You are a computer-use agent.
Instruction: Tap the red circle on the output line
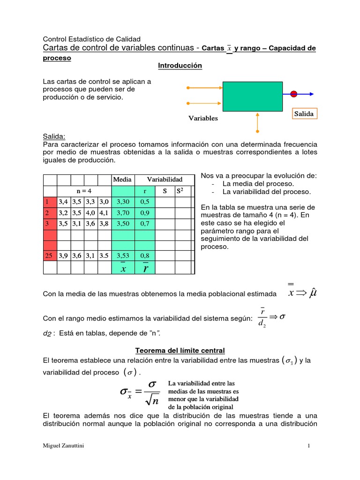coord(294,94)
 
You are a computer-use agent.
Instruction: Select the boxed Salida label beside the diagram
coord(304,114)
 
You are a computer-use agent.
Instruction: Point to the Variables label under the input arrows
coord(203,119)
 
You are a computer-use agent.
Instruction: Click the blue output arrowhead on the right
coord(311,94)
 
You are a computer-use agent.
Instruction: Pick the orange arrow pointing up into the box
coord(257,122)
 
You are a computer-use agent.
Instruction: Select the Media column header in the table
coord(122,180)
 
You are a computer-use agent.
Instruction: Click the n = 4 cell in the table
coord(84,191)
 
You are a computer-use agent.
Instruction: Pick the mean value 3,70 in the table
coord(122,212)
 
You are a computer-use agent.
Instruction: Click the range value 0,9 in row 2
coord(145,212)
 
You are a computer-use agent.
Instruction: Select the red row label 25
coord(49,255)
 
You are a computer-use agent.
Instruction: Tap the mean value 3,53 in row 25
coord(122,255)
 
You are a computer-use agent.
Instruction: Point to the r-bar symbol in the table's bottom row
coord(146,268)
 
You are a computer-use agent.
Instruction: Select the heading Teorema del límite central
coord(180,350)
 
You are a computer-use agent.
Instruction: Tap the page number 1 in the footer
coord(309,445)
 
